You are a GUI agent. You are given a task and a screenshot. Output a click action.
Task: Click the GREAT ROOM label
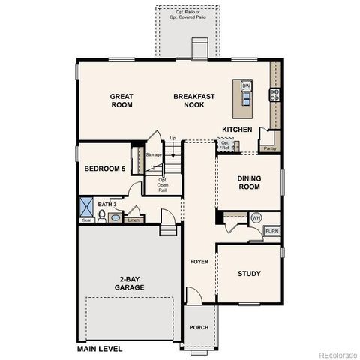coord(121,100)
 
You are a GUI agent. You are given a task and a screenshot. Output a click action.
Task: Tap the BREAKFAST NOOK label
coord(194,100)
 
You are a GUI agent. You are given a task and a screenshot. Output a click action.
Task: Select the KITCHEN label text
coord(237,130)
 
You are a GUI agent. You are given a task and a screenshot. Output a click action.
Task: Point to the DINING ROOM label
coord(249,182)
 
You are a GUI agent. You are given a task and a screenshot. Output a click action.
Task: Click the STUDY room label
coord(249,274)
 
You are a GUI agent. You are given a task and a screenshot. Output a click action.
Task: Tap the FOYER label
coord(199,262)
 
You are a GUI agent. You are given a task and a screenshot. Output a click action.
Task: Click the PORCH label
coord(199,327)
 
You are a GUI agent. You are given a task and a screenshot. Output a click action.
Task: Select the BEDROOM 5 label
coord(104,169)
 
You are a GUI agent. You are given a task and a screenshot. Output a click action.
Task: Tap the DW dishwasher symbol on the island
coord(246,86)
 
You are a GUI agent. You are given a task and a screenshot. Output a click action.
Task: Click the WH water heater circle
coord(256,217)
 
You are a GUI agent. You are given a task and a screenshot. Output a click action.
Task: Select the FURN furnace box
coord(271,231)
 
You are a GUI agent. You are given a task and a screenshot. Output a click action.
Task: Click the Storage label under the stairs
coord(154,154)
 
